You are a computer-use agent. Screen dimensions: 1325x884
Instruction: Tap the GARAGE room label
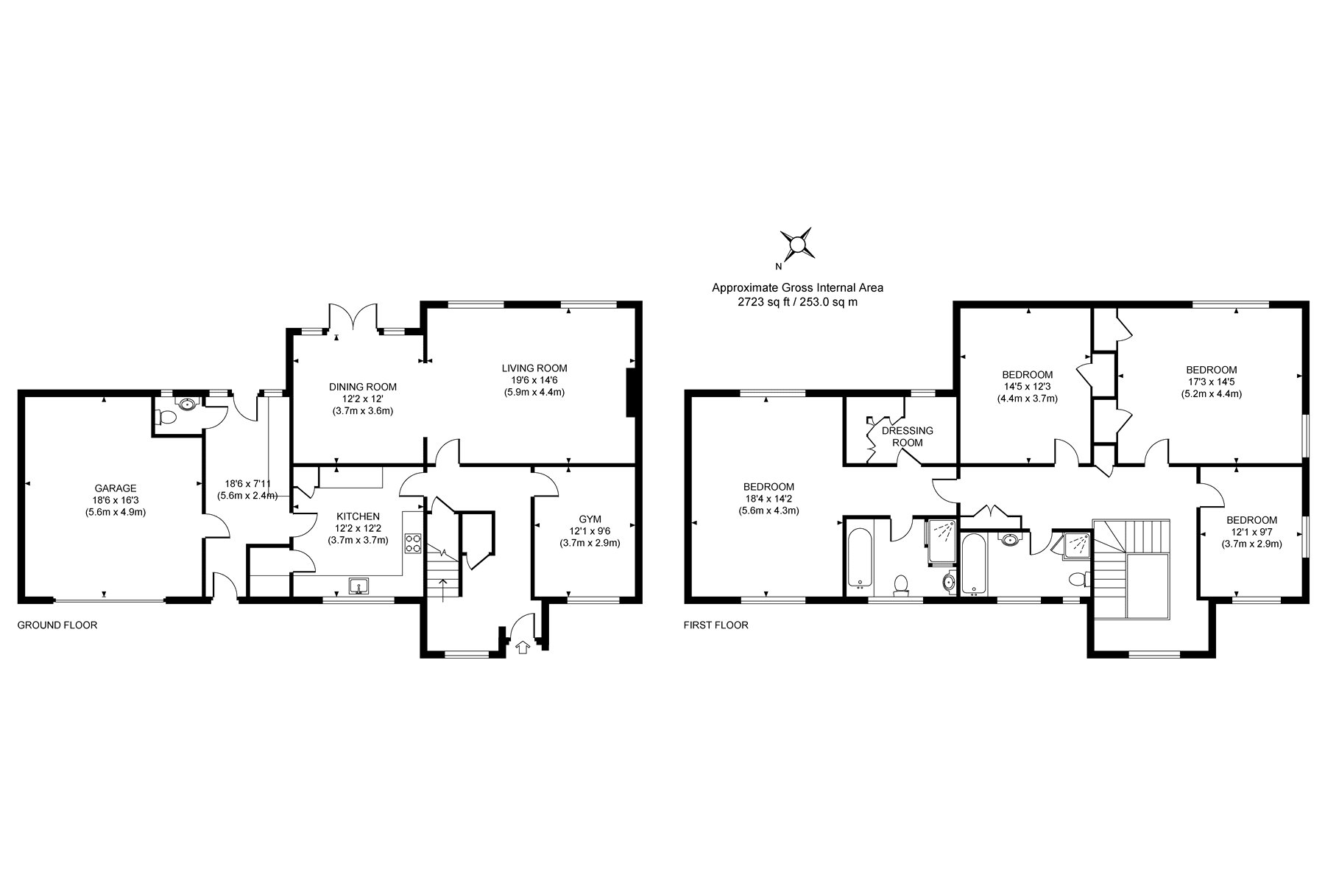tap(116, 488)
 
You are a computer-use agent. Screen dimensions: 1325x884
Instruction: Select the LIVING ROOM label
tap(534, 368)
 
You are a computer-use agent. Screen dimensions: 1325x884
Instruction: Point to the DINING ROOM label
tap(363, 387)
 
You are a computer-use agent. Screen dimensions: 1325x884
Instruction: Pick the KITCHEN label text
tap(358, 516)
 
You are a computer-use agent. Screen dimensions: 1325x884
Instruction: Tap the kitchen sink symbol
tap(358, 586)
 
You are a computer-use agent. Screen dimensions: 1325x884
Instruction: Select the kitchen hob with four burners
tap(412, 544)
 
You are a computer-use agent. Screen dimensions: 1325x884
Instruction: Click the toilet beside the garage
tap(167, 418)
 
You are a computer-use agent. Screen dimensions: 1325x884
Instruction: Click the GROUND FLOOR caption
tap(57, 625)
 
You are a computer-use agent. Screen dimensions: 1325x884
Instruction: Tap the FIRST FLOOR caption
tap(716, 625)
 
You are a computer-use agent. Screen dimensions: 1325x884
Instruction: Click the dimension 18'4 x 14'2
tap(768, 499)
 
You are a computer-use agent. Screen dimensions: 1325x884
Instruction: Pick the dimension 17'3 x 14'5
tap(1211, 382)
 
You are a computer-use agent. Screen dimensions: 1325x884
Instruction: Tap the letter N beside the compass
tap(778, 267)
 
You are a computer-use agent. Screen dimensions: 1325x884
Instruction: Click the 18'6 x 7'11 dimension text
tap(248, 484)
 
